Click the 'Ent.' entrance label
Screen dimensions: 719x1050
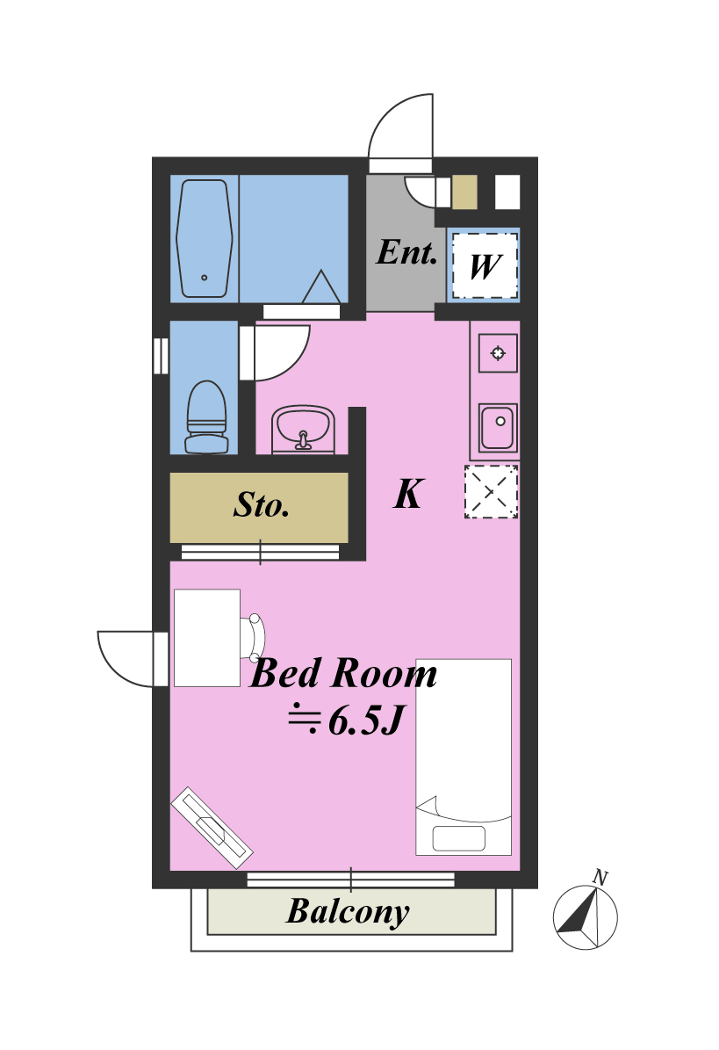pyautogui.click(x=406, y=252)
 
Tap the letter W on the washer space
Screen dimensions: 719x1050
pyautogui.click(x=485, y=266)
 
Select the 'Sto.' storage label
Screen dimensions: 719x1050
pyautogui.click(x=262, y=505)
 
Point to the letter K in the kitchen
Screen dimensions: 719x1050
pyautogui.click(x=408, y=494)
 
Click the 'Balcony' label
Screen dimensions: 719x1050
pyautogui.click(x=348, y=912)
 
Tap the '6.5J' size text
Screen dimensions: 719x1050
pyautogui.click(x=366, y=721)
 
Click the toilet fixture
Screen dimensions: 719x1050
pyautogui.click(x=206, y=417)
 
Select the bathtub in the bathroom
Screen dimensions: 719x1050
pyautogui.click(x=205, y=238)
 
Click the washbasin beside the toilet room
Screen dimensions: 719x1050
pyautogui.click(x=303, y=429)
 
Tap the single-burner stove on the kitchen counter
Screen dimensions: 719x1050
pyautogui.click(x=498, y=353)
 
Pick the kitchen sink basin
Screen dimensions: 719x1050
pyautogui.click(x=498, y=427)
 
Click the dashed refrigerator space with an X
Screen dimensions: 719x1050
pyautogui.click(x=492, y=491)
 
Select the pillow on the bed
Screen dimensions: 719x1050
pyautogui.click(x=459, y=838)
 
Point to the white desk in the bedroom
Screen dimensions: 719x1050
pyautogui.click(x=207, y=638)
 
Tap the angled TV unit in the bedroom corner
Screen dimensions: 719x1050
pyautogui.click(x=212, y=828)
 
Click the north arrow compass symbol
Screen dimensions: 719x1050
pyautogui.click(x=586, y=916)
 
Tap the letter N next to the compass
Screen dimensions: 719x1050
pyautogui.click(x=600, y=877)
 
